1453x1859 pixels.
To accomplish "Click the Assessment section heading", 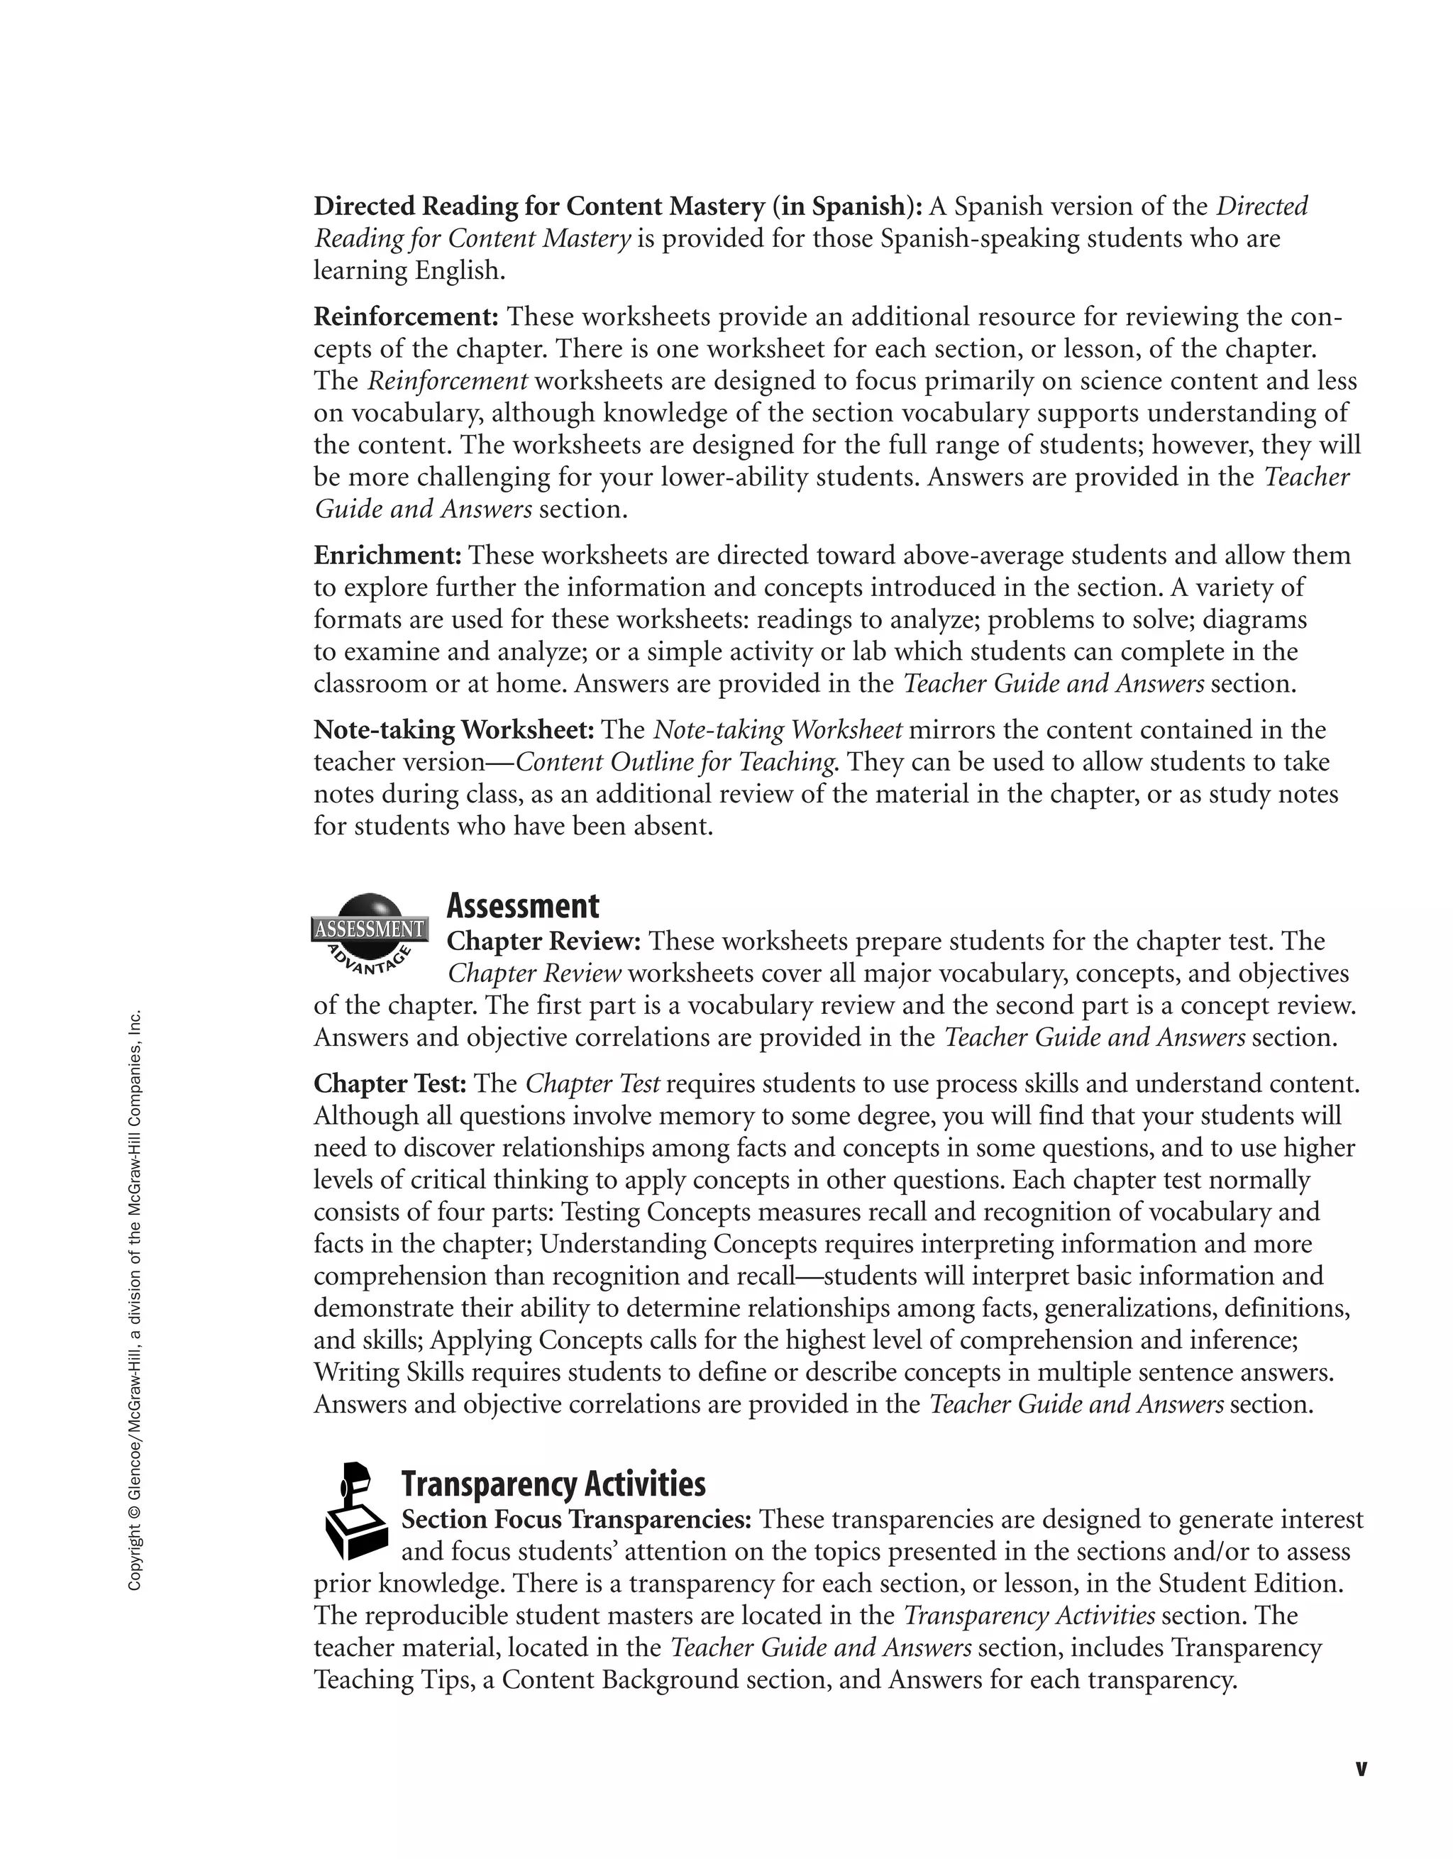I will pos(523,907).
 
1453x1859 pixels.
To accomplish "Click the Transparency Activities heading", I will pos(553,1484).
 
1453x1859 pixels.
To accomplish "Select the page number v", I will pos(1360,1769).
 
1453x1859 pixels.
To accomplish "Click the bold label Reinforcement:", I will pos(406,316).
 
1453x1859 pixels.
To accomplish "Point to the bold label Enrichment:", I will pos(387,556).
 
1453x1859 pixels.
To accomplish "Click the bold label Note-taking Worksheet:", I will pos(453,730).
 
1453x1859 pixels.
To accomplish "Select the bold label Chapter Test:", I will pos(390,1083).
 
